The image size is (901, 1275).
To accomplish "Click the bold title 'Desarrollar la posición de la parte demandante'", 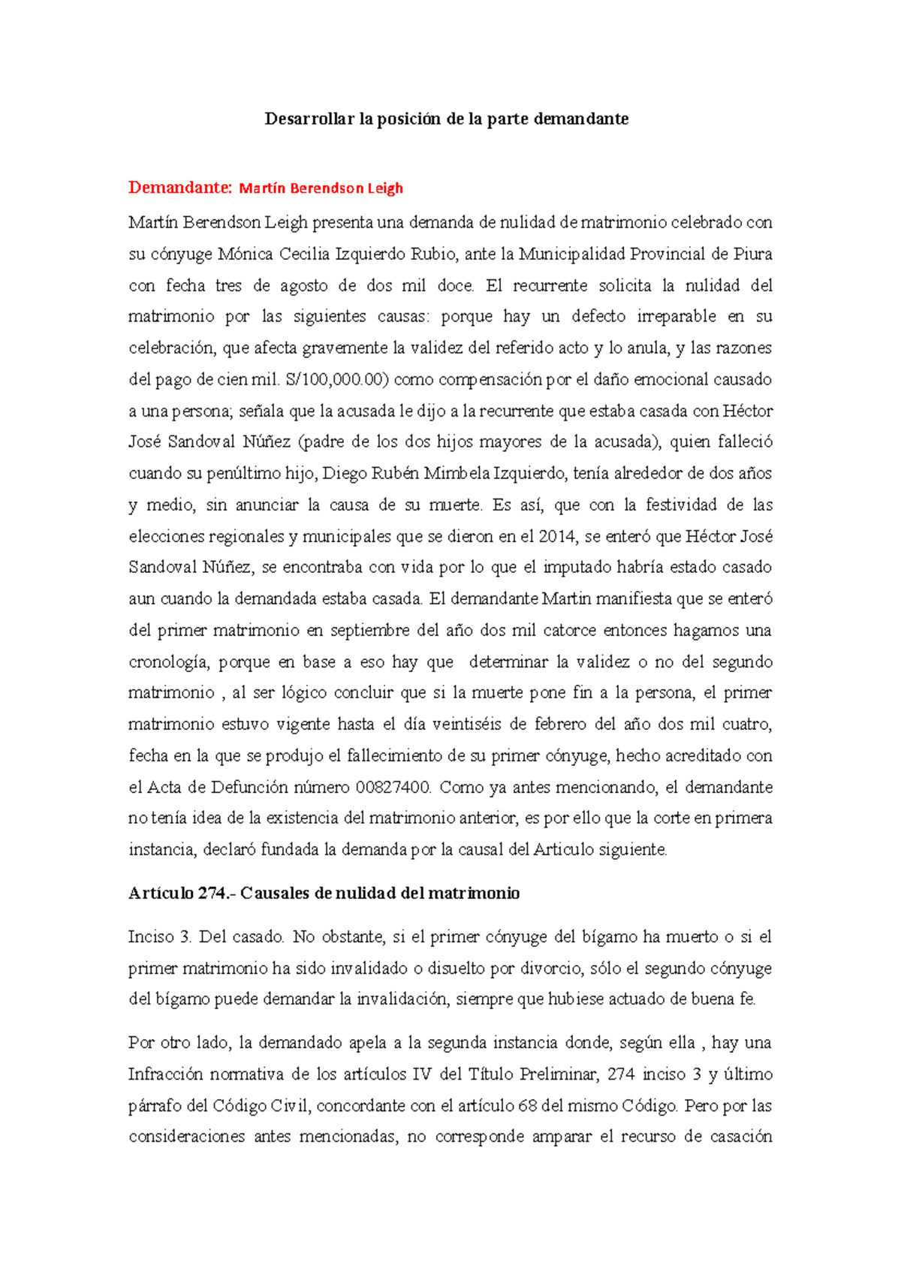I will tap(446, 119).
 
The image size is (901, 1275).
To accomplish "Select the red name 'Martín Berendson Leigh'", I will tap(321, 188).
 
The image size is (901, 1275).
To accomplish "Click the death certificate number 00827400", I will tap(393, 788).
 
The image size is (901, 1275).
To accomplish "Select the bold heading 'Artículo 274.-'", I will tap(182, 894).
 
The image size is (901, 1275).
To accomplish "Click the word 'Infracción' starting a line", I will tap(165, 1075).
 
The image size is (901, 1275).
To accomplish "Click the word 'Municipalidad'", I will tap(572, 254).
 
